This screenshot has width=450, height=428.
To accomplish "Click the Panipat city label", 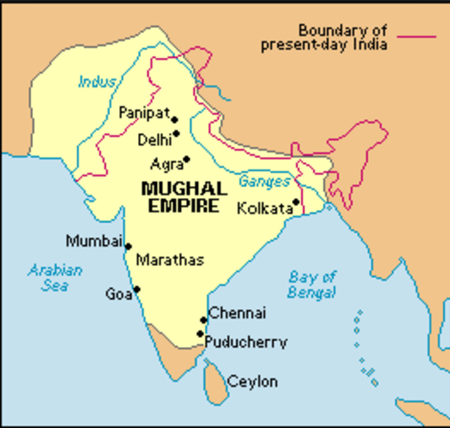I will [x=144, y=113].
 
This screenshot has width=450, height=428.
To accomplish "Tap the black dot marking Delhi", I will [x=176, y=134].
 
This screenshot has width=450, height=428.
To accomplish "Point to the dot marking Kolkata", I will [x=296, y=202].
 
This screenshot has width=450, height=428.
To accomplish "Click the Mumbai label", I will [x=94, y=241].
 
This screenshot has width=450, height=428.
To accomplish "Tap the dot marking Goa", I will [x=136, y=289].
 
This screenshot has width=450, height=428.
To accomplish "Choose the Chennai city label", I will [x=237, y=314].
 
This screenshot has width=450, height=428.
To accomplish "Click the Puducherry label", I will [x=246, y=342].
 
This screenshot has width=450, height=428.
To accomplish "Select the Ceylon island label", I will [x=252, y=382].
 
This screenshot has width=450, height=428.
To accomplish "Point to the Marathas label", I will [x=169, y=260].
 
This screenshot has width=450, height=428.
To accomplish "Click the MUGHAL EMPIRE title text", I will [x=184, y=197].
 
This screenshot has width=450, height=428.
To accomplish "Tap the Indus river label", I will [x=97, y=82].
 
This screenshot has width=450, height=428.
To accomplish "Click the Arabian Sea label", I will [x=55, y=278].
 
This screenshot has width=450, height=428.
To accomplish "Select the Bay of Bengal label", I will [x=312, y=284].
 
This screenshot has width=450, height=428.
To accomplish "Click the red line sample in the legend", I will [x=418, y=37].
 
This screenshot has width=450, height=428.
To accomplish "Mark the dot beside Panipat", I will [x=175, y=119].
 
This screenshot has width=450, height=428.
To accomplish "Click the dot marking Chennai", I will [x=203, y=319].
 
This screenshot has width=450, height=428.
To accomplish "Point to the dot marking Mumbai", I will [x=128, y=247].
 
